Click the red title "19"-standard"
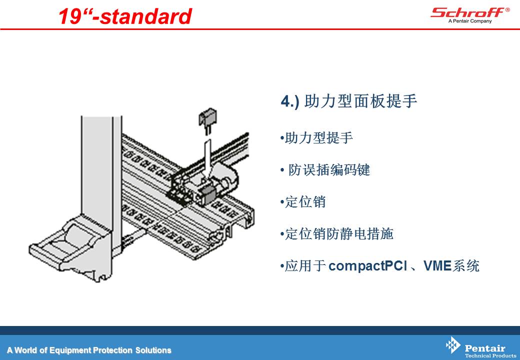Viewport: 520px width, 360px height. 125,16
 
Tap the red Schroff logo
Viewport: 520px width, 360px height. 468,12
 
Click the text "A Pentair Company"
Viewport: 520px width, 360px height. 470,21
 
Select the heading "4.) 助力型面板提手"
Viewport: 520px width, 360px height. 348,101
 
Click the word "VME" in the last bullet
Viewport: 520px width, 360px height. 437,265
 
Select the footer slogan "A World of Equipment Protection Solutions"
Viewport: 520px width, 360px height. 89,350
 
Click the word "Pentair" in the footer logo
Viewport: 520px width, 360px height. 485,348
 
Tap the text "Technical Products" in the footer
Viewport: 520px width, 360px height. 490,355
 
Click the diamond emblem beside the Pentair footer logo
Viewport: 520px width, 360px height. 452,345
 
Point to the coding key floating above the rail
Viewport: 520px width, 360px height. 207,120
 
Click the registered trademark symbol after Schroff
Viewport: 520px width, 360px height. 507,10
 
